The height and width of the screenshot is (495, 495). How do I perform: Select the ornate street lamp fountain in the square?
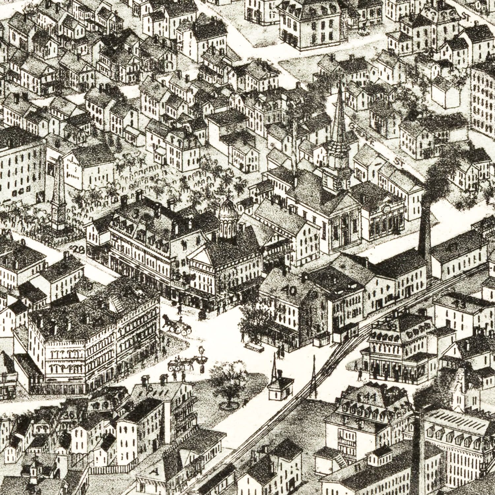[201, 358]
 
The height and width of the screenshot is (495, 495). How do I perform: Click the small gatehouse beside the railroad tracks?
[280, 388]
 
